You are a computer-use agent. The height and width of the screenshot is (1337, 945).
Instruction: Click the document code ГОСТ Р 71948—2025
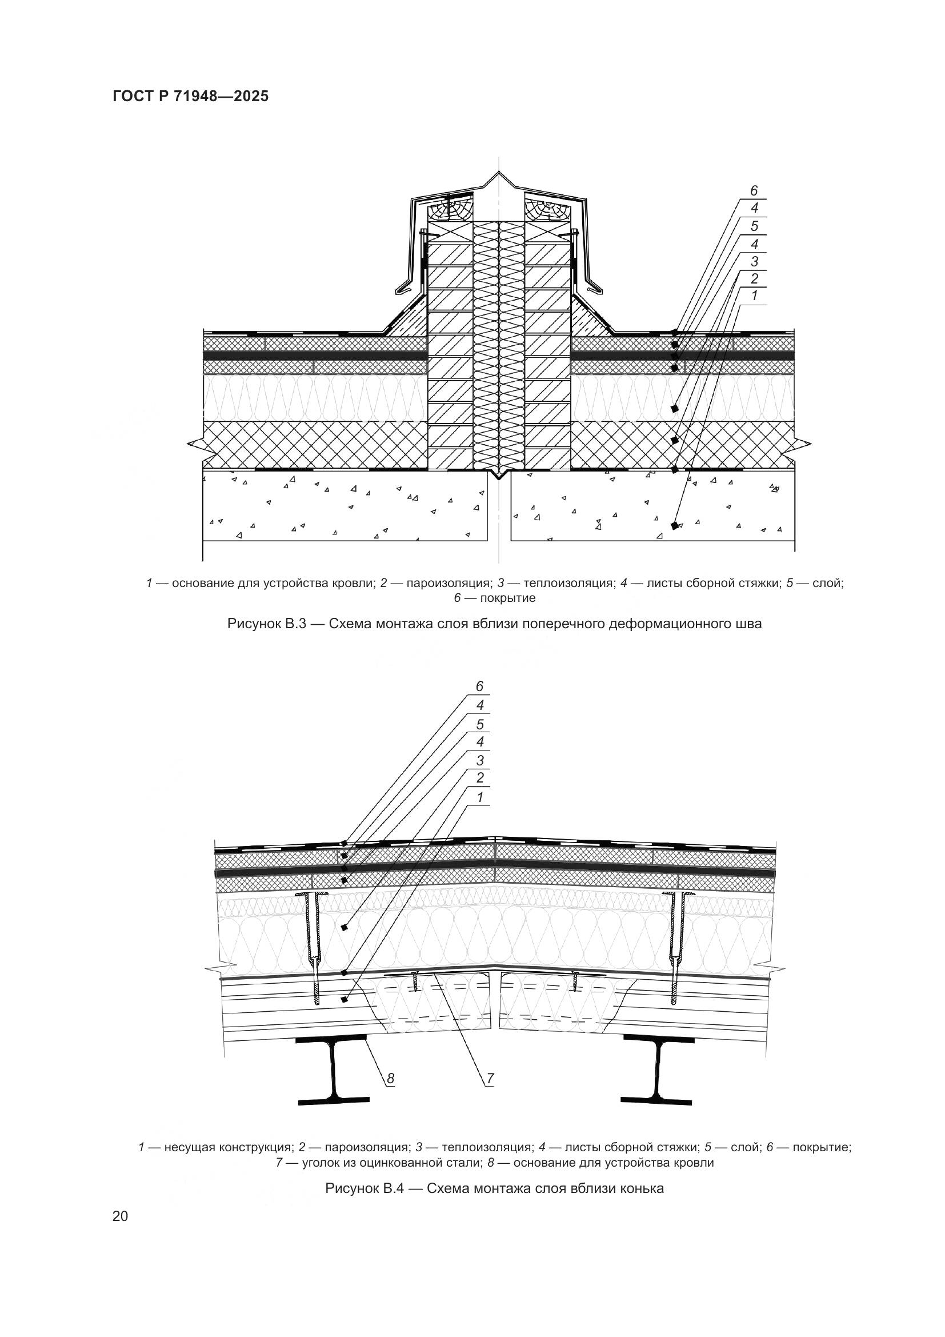pyautogui.click(x=191, y=97)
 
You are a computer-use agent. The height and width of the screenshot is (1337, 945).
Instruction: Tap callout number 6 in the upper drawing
pyautogui.click(x=754, y=191)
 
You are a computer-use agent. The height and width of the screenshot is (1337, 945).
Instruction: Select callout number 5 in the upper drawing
pyautogui.click(x=754, y=226)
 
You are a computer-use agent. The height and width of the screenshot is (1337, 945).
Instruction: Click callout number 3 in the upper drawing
pyautogui.click(x=754, y=261)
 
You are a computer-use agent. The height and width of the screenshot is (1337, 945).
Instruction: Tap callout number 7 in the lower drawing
pyautogui.click(x=490, y=1079)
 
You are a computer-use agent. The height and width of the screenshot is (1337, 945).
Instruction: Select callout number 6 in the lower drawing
pyautogui.click(x=479, y=687)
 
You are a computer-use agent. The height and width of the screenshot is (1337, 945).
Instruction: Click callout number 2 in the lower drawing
pyautogui.click(x=480, y=778)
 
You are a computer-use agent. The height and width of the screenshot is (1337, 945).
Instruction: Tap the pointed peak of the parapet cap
pyautogui.click(x=499, y=171)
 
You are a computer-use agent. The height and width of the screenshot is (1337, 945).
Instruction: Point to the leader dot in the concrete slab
pyautogui.click(x=674, y=526)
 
